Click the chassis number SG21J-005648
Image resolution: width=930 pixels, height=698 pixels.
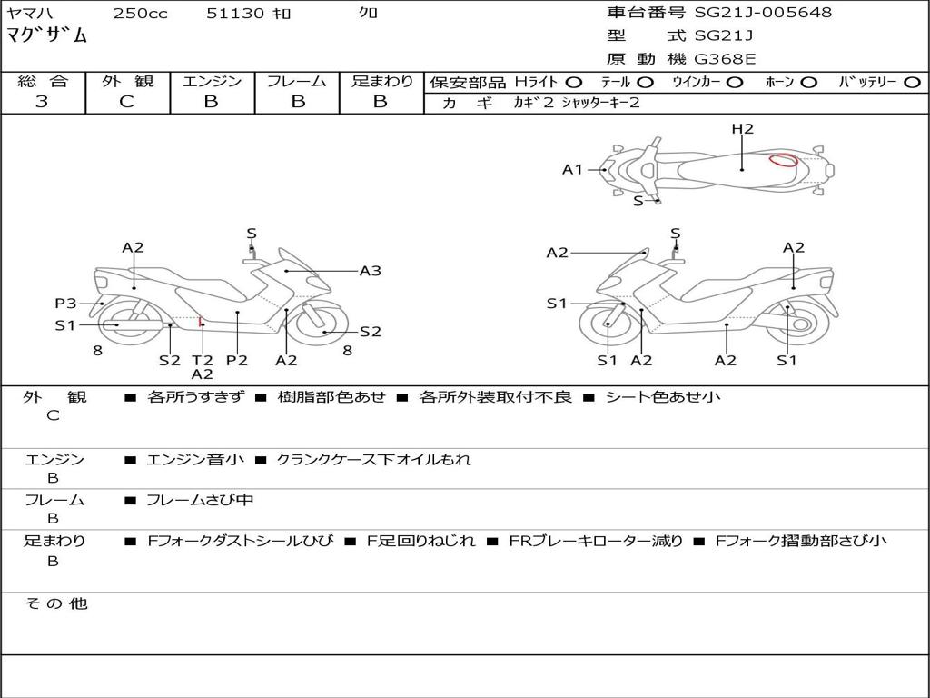763,13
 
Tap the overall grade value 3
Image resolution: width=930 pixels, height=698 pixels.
42,102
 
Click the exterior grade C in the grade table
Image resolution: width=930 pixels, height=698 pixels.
126,102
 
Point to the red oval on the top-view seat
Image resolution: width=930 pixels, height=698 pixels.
784,160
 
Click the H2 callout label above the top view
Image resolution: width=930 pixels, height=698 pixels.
742,129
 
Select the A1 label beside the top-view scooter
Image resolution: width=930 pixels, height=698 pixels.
572,170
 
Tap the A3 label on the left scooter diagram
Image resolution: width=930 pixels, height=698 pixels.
371,271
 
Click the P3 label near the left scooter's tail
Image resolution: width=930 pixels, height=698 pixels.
65,304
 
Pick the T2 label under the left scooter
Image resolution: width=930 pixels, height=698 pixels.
203,360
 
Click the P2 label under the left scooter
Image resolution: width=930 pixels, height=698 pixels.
237,360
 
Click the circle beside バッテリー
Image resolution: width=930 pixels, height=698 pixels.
913,83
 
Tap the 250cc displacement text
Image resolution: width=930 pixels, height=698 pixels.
141,13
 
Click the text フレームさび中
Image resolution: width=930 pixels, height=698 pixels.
200,501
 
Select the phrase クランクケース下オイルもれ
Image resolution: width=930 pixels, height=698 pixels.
373,459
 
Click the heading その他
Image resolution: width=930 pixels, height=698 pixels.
56,603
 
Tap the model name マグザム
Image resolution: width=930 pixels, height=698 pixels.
46,35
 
